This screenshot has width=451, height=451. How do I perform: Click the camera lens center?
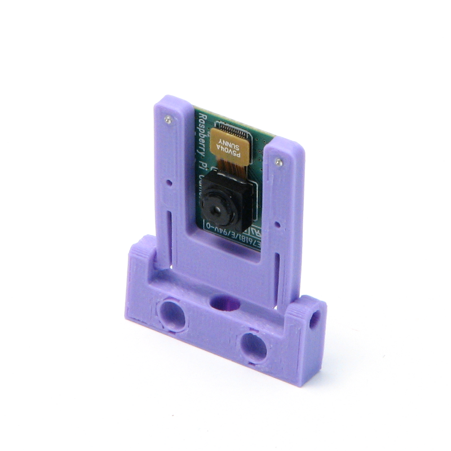click(x=216, y=208)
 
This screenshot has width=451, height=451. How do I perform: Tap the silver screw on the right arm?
click(x=278, y=162)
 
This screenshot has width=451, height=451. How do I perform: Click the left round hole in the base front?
click(x=172, y=314)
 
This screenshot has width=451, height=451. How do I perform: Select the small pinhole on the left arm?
click(x=169, y=183)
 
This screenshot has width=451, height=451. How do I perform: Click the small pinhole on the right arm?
click(x=277, y=224)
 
